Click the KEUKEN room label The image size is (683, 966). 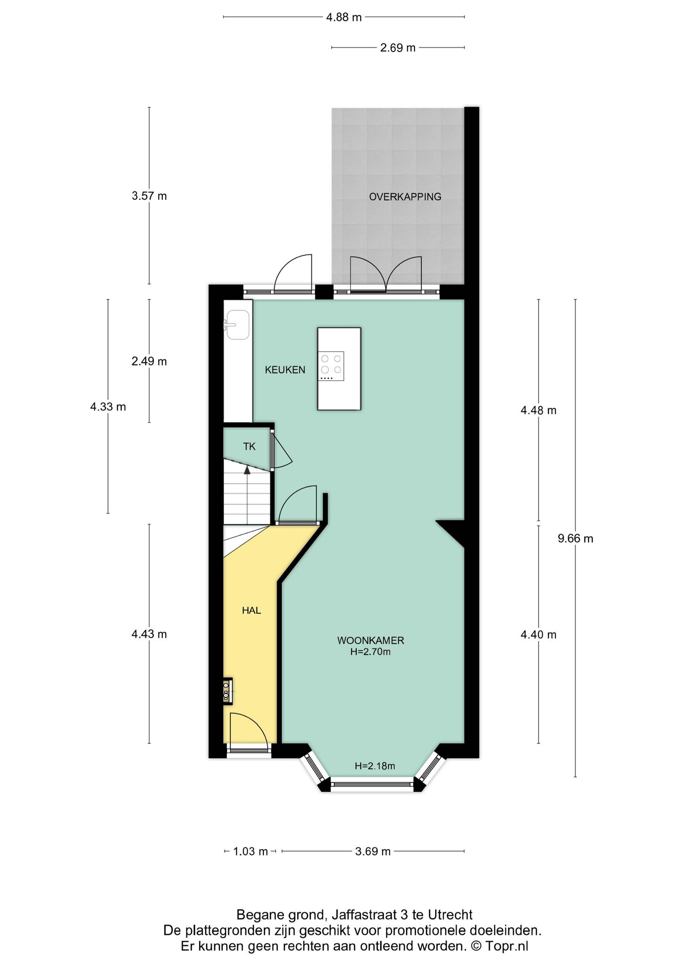click(x=285, y=370)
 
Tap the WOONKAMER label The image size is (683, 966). click(x=371, y=641)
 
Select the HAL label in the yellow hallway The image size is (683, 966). click(x=251, y=610)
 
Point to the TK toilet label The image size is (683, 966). click(x=249, y=446)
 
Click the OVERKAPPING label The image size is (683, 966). click(x=405, y=197)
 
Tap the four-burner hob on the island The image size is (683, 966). click(x=331, y=366)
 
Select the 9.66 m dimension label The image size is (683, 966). click(x=575, y=539)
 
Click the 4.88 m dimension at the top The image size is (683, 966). click(x=344, y=17)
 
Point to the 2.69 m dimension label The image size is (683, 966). click(x=398, y=48)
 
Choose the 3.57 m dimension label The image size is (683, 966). click(x=149, y=196)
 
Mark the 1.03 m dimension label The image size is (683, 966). click(x=251, y=851)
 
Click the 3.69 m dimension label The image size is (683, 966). click(x=373, y=851)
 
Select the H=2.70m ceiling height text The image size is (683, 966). click(x=371, y=652)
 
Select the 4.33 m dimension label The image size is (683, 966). click(x=108, y=407)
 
